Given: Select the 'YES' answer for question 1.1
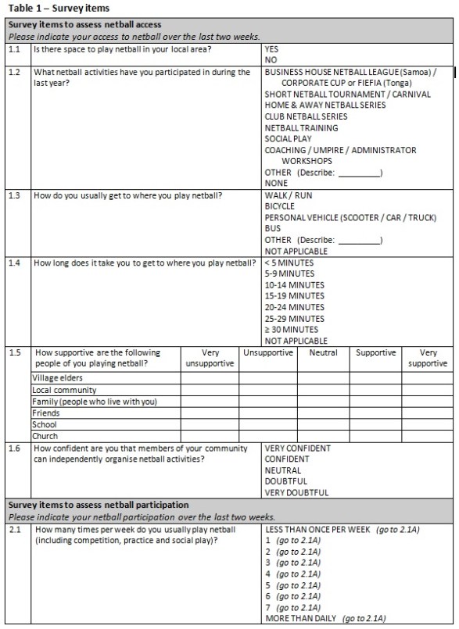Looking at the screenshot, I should pos(271,48).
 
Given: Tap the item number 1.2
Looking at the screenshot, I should pos(15,72).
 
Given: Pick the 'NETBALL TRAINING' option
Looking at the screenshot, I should pos(301,128).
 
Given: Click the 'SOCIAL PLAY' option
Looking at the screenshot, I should pos(288,139).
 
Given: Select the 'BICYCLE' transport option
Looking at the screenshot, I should pos(279,207).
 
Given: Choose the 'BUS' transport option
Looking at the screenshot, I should pos(272,229).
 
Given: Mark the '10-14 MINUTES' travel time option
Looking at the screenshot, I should pos(294,285).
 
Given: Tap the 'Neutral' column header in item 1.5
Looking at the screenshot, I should pos(323,353).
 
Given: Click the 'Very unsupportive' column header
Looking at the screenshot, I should pos(210,358).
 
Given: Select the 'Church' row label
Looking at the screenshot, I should pos(45,436).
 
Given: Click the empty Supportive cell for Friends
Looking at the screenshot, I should pos(375,413).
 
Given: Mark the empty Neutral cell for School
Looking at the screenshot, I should pos(323,424).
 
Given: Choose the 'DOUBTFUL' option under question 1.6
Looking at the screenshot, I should pos(285,481).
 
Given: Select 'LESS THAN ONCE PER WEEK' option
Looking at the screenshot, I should pos(317,530).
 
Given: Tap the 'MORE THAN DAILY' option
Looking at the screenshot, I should pos(300,619).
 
